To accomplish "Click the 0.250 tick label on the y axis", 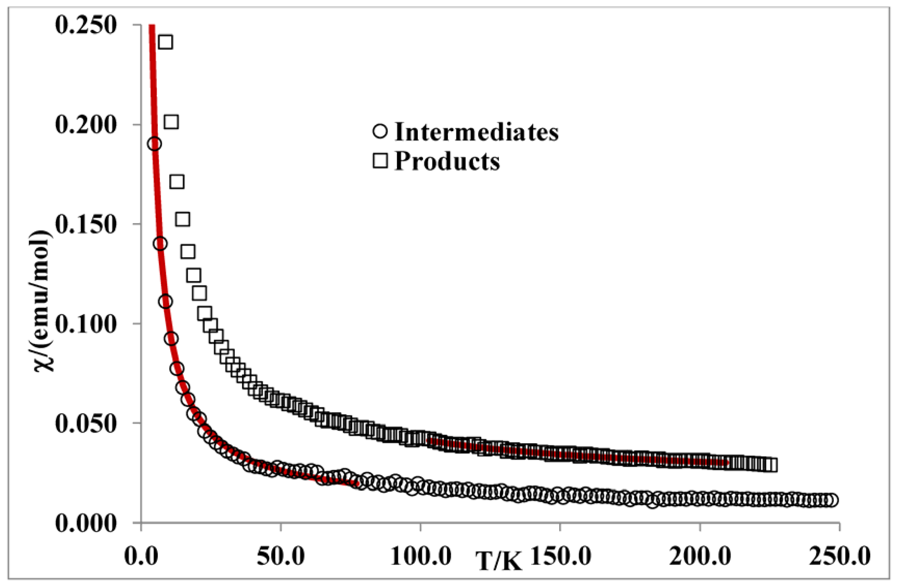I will tap(85, 26).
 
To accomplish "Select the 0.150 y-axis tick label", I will tap(85, 225).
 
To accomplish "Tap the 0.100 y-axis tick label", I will tap(85, 324).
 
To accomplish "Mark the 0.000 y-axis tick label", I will tap(85, 523).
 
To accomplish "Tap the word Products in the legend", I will tap(447, 162).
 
